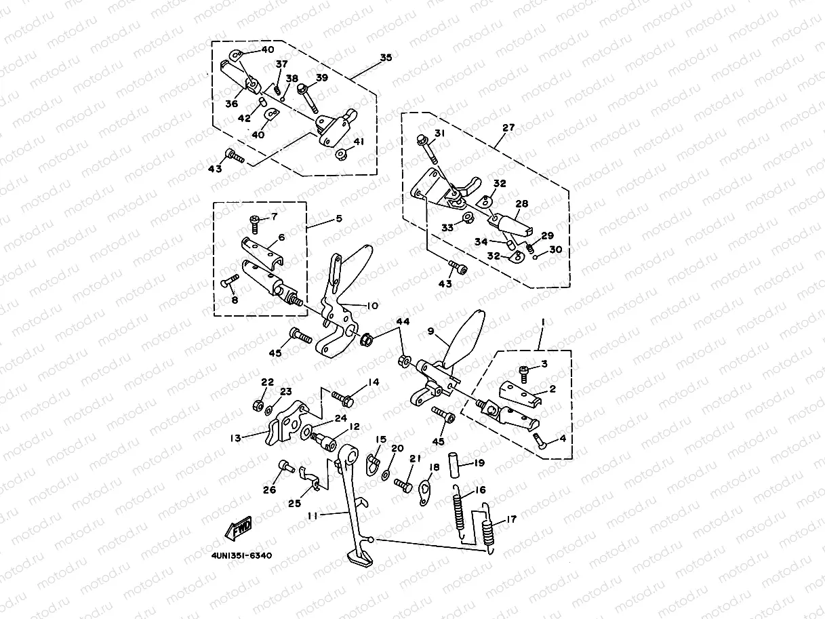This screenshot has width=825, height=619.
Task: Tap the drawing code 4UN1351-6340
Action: coord(241,556)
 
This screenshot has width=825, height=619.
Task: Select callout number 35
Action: coord(386,58)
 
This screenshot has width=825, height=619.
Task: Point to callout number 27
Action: coord(508,127)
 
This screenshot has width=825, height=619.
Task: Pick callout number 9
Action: coord(430,332)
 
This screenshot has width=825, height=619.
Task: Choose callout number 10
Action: coord(371,306)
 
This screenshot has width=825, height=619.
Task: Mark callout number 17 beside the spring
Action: coord(510,520)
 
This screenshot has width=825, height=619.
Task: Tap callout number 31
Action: coord(439,133)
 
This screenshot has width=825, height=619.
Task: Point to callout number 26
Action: coord(270,490)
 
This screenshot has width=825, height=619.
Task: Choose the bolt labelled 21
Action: coord(403,485)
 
